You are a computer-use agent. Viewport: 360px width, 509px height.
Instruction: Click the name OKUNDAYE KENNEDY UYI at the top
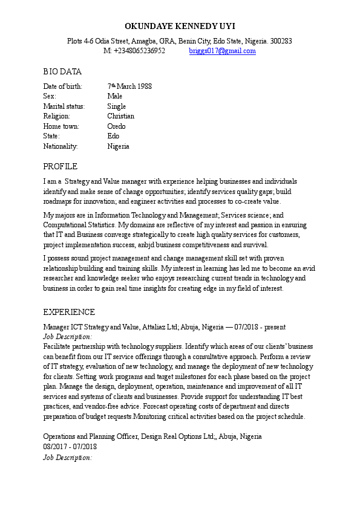tap(180, 26)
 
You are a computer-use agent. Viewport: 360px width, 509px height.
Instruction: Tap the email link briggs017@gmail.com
tap(222, 51)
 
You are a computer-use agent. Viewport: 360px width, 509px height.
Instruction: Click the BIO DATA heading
tap(62, 72)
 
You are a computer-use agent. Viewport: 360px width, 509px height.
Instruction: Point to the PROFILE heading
tap(61, 166)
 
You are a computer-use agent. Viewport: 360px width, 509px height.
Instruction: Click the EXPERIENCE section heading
tap(69, 313)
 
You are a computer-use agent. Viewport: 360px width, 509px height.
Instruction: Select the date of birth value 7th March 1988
tap(129, 86)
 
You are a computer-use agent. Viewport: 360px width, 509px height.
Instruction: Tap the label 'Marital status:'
tap(64, 106)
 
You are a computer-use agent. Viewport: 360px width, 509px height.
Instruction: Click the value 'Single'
tap(117, 106)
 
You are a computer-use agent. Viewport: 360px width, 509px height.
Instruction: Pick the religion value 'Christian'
tap(121, 116)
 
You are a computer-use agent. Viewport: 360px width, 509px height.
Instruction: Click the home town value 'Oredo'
tap(117, 126)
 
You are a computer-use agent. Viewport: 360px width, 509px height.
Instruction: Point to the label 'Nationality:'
tap(61, 146)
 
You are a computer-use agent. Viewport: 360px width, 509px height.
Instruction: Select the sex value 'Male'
tap(115, 96)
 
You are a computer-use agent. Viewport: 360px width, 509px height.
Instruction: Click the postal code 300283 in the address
tap(281, 41)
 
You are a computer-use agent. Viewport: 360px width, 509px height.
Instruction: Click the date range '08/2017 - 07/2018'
tap(70, 447)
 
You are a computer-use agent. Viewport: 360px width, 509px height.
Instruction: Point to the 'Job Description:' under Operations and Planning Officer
tap(68, 457)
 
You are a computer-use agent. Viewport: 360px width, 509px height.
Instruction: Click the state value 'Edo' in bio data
tap(113, 136)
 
